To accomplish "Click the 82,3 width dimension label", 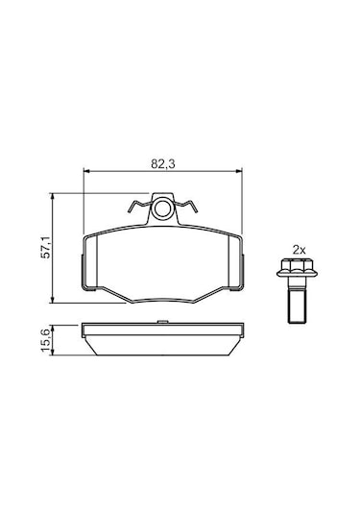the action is click(x=163, y=163).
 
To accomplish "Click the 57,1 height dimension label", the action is click(x=45, y=247).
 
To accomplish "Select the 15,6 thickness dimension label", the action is click(x=45, y=341).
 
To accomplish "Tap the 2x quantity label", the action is click(x=299, y=251).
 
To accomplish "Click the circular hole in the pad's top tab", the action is click(x=162, y=209).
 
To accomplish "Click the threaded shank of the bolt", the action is click(x=297, y=305).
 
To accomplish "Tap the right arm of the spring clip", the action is click(x=185, y=206).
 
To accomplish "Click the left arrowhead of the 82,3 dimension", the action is click(x=86, y=171).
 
